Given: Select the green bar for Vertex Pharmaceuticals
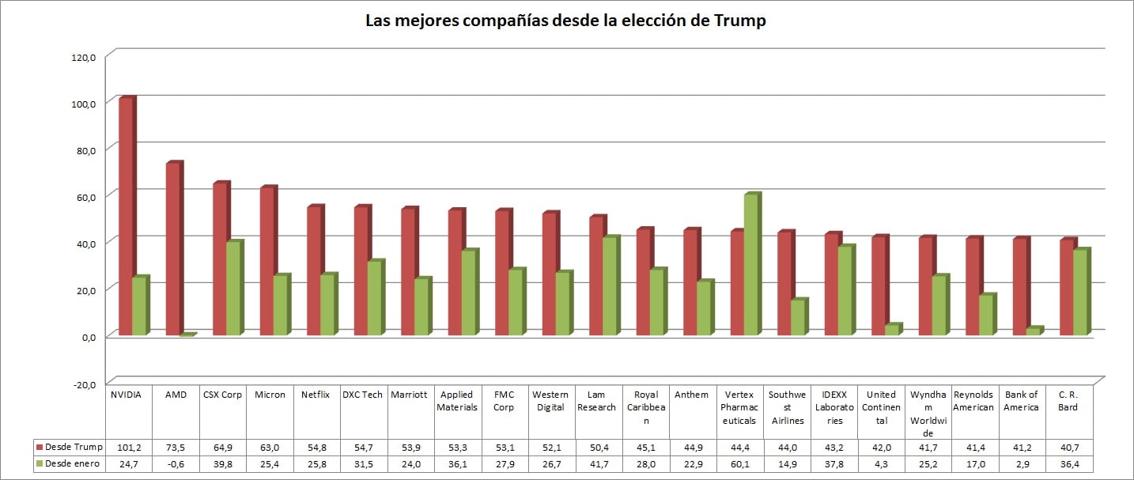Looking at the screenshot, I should tap(750, 265).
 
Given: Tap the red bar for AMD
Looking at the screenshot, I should tap(172, 249).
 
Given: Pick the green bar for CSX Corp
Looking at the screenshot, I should tap(232, 289).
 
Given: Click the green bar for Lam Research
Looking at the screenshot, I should tap(609, 286).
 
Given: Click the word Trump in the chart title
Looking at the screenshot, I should tap(739, 21).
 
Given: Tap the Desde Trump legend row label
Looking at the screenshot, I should tap(74, 448).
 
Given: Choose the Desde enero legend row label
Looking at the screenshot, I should tap(73, 464).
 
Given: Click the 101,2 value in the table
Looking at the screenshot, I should tap(128, 448).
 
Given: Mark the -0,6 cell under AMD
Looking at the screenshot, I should tap(176, 464).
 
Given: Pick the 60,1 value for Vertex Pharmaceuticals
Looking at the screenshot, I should tap(739, 464).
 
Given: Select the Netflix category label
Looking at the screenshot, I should tap(316, 395).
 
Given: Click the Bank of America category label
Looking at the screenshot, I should tap(1022, 401).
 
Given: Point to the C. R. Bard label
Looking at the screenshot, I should tap(1069, 401).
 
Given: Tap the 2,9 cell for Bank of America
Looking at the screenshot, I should tap(1022, 464).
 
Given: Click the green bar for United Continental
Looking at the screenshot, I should tap(891, 330).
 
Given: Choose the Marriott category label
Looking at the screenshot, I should tap(410, 395).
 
